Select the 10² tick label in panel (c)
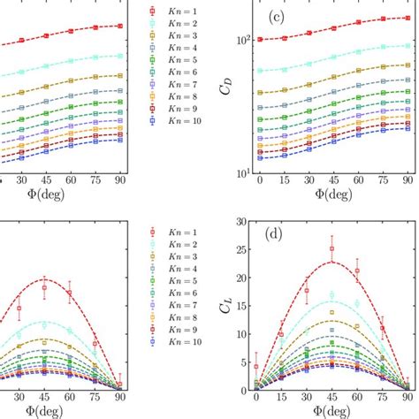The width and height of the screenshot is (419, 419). point(240,40)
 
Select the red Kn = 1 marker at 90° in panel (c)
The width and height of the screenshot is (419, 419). point(405,18)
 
